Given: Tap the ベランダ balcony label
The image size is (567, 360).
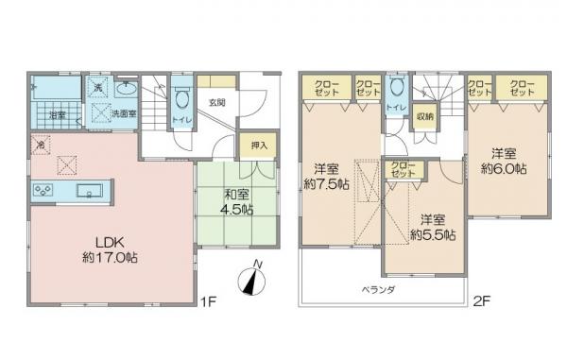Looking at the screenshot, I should [377, 289].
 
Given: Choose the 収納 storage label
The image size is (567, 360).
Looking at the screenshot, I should [424, 117].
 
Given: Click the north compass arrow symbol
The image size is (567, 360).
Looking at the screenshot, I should [250, 280].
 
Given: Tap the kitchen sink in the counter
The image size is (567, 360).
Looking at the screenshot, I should [92, 192].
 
